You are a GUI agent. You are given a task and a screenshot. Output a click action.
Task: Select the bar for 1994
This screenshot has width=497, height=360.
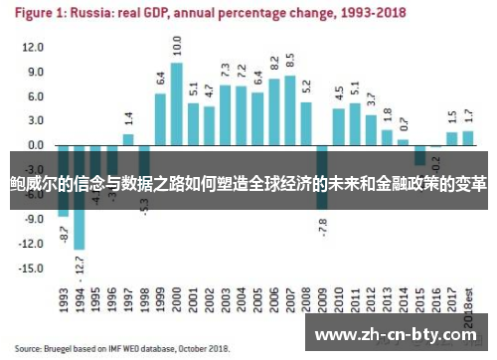80,197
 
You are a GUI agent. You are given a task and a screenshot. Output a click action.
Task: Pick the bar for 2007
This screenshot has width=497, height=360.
289,109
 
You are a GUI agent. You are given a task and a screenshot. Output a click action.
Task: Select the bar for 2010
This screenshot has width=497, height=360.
338,126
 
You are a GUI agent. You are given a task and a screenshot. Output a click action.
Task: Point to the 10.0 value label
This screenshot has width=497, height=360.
177,45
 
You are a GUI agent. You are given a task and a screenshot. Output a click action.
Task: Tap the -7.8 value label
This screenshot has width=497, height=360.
323,227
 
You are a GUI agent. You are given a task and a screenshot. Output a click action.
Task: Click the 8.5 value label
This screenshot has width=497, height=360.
289,60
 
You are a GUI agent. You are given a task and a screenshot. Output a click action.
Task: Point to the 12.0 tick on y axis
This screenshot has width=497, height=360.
34,48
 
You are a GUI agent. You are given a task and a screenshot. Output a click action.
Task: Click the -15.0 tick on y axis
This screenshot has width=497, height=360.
33,268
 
